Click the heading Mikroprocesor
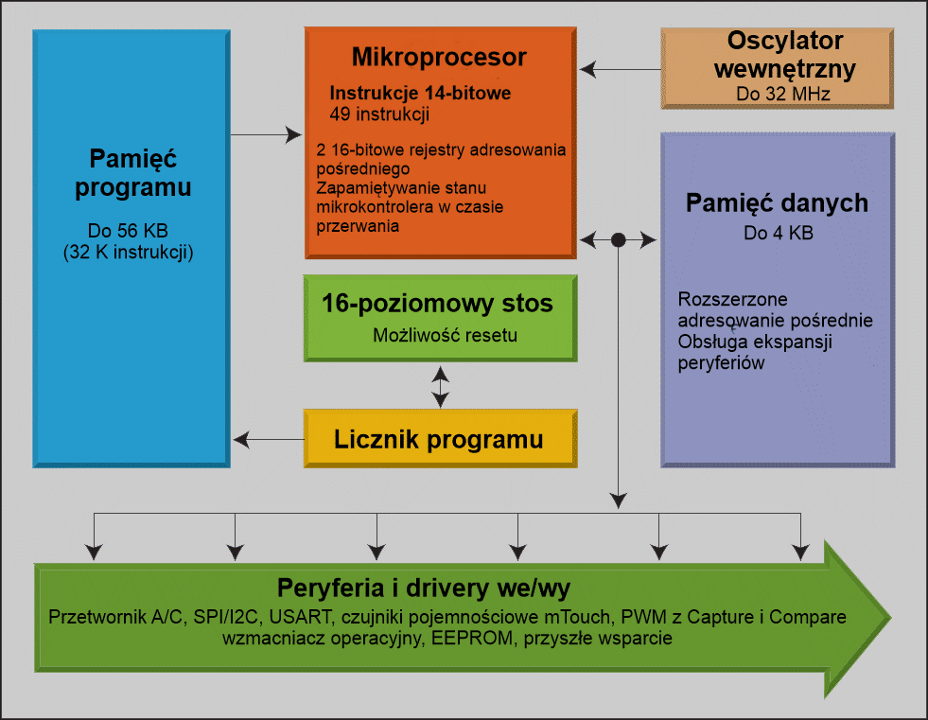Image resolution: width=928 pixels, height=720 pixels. [439, 58]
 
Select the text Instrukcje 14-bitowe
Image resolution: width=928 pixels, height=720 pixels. [420, 94]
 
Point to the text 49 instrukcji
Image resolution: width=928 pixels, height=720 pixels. [379, 114]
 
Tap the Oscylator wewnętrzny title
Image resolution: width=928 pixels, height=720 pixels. [785, 55]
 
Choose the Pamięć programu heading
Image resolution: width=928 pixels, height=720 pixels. [132, 172]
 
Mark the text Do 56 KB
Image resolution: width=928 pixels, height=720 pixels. [132, 231]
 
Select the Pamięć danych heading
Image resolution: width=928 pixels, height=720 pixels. [777, 203]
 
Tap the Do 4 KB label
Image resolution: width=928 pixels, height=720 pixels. [778, 233]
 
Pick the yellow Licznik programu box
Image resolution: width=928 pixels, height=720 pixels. [439, 439]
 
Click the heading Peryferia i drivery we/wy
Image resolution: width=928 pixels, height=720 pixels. [423, 587]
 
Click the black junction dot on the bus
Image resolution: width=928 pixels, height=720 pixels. [618, 240]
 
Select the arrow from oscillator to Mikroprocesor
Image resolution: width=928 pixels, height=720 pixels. [621, 69]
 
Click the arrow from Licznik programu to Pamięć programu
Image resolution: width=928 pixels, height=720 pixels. [269, 439]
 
